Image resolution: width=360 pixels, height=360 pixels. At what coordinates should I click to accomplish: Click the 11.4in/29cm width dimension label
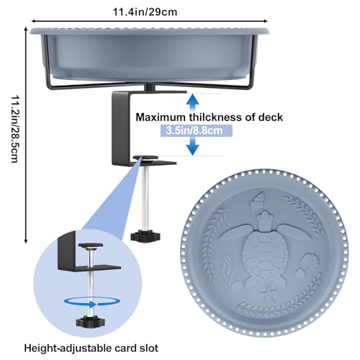pyautogui.click(x=145, y=12)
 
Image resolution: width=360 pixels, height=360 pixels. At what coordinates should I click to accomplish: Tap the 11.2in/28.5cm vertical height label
pyautogui.click(x=15, y=129)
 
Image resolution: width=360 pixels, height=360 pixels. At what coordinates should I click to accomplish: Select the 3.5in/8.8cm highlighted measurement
pyautogui.click(x=194, y=131)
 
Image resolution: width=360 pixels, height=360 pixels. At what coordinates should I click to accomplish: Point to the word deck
pyautogui.click(x=271, y=117)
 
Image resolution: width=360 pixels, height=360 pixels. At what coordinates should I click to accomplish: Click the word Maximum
pyautogui.click(x=161, y=117)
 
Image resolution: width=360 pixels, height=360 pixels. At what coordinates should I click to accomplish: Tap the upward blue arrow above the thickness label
pyautogui.click(x=193, y=102)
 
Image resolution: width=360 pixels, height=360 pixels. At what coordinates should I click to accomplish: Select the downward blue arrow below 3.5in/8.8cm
pyautogui.click(x=193, y=146)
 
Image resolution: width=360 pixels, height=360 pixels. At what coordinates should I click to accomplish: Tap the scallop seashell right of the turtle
pyautogui.click(x=308, y=264)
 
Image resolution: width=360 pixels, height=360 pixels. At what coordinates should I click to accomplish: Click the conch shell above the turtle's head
pyautogui.click(x=257, y=201)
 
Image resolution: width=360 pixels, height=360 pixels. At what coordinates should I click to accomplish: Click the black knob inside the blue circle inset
pyautogui.click(x=88, y=323)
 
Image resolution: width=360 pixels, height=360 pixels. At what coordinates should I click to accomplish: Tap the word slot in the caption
pyautogui.click(x=148, y=348)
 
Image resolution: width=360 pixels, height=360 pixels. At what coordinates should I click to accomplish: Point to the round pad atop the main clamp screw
pyautogui.click(x=145, y=158)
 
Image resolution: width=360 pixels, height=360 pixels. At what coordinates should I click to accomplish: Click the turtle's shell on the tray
pyautogui.click(x=265, y=251)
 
